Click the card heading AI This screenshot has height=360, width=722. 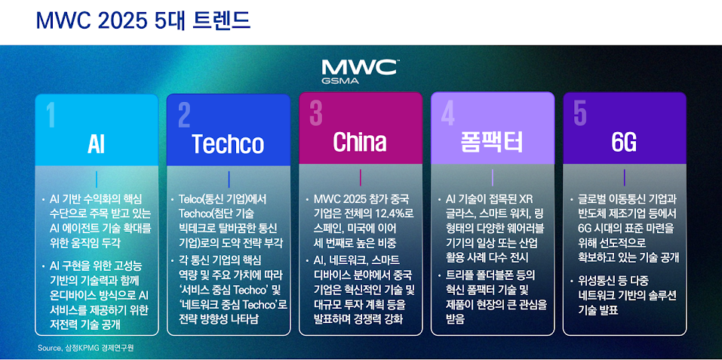pos(96,143)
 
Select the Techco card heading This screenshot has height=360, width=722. pos(228,143)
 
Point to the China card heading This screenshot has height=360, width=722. pos(360,141)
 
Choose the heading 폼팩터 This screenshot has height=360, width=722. pos(492,142)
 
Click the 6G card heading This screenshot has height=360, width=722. pos(624,143)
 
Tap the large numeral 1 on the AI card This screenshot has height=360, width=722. pos(51,115)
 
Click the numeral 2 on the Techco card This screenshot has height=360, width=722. pos(184,115)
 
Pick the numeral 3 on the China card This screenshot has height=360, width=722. pos(316,113)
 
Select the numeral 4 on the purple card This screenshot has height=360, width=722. pos(448,114)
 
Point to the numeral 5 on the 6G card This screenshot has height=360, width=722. pos(580,113)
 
